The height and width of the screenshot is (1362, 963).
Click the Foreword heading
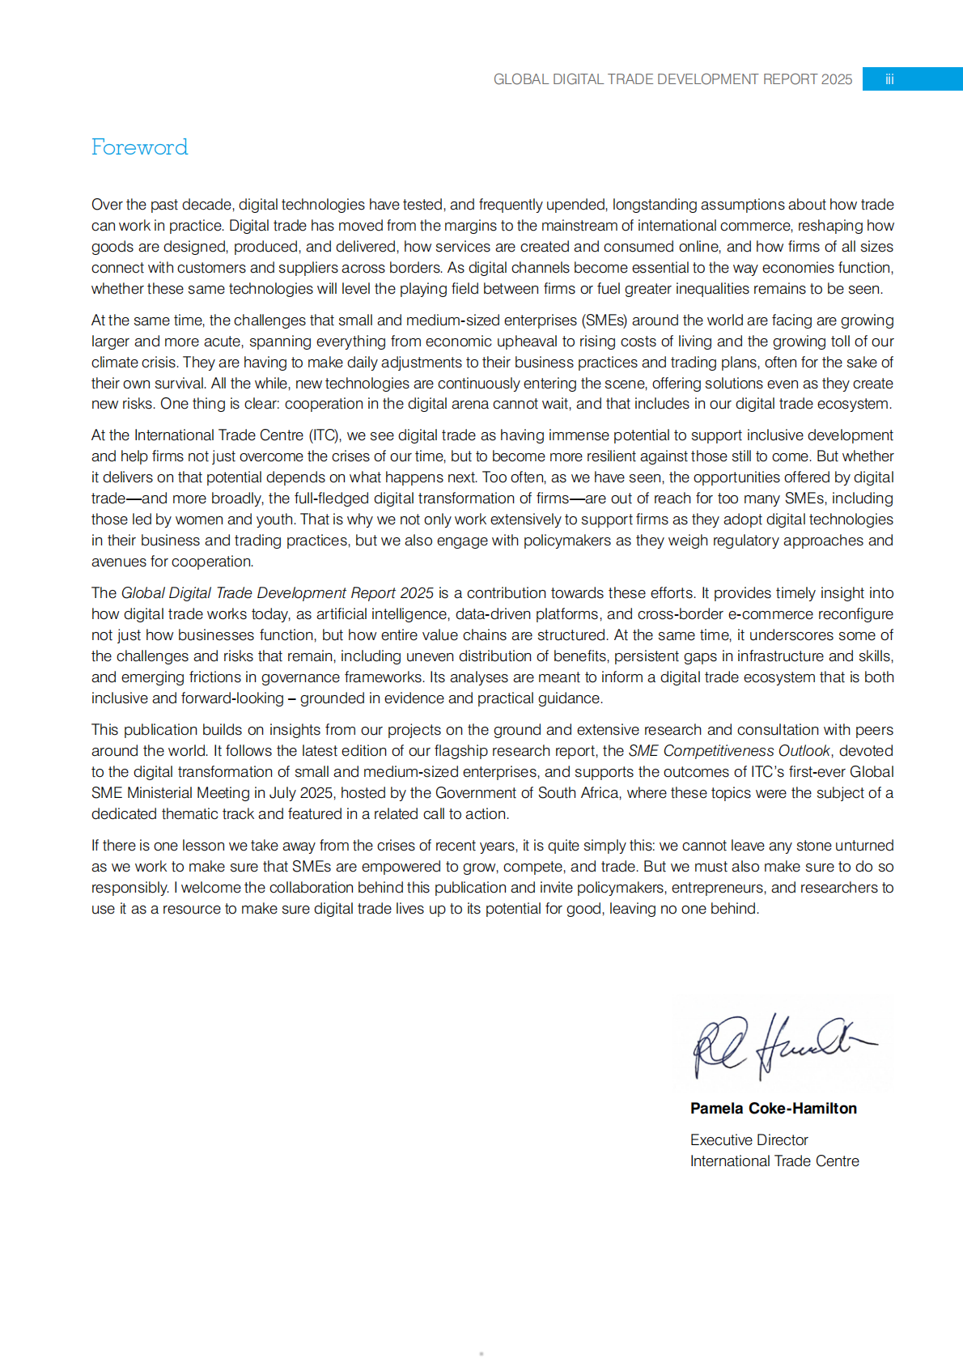pyautogui.click(x=139, y=147)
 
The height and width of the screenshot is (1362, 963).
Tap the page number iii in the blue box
pyautogui.click(x=889, y=79)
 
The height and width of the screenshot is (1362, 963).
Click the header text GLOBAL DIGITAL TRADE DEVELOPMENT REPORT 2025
pyautogui.click(x=672, y=79)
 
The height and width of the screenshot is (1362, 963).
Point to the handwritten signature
pyautogui.click(x=781, y=1046)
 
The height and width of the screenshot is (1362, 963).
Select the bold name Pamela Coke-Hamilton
pyautogui.click(x=773, y=1109)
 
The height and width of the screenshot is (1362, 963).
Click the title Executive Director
pyautogui.click(x=749, y=1140)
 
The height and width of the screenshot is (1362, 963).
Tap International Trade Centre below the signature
pyautogui.click(x=774, y=1161)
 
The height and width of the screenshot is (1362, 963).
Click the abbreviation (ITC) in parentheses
pyautogui.click(x=325, y=435)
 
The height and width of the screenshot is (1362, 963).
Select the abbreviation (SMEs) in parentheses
pyautogui.click(x=604, y=320)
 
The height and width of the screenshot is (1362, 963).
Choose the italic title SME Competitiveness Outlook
pyautogui.click(x=728, y=751)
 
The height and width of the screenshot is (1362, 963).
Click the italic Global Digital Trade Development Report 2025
pyautogui.click(x=277, y=593)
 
